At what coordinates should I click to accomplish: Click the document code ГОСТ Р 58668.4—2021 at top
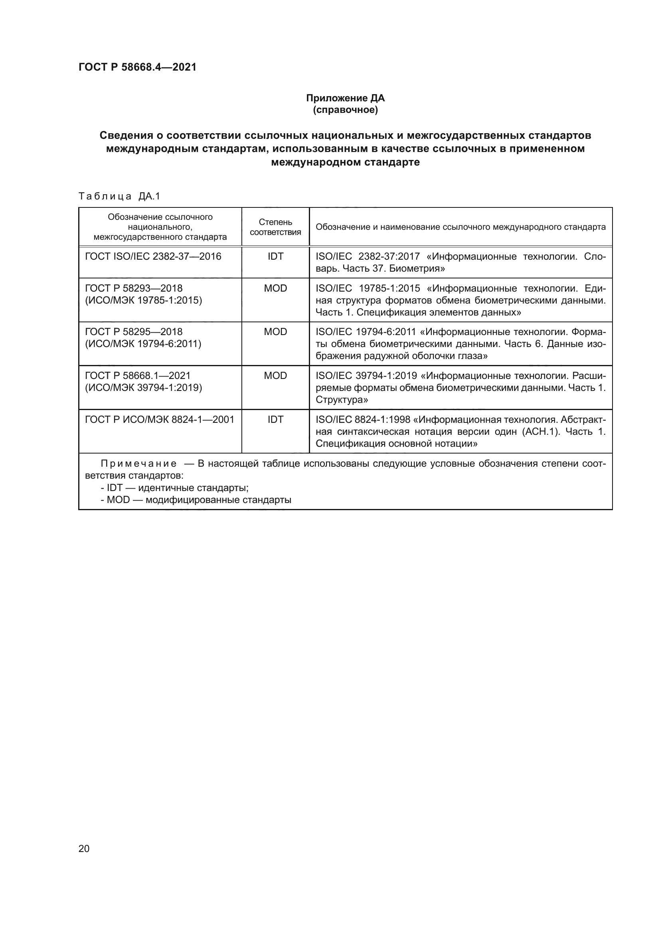point(137,67)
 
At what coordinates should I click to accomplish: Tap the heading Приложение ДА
point(345,99)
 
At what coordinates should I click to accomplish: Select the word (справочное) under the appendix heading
point(345,110)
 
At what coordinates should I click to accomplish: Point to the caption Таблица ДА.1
point(119,196)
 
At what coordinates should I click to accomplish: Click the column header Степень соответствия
point(275,227)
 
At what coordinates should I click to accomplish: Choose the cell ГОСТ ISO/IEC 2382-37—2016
point(153,256)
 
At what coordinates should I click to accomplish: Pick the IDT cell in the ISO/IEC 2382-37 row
point(275,256)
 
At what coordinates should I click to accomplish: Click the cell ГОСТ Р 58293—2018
point(134,288)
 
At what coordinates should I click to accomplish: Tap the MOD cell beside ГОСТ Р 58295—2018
point(275,332)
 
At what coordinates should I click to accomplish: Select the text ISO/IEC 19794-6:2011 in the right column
point(366,332)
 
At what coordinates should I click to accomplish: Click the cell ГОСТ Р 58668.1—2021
point(138,376)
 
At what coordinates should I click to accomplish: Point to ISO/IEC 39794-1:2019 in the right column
point(366,376)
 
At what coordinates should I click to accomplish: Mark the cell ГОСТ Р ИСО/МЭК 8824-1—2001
point(159,420)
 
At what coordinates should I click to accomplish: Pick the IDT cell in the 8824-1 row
point(275,420)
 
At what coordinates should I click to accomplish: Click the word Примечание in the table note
point(138,464)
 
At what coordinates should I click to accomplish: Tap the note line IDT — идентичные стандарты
point(175,488)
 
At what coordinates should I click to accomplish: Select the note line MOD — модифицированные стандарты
point(196,500)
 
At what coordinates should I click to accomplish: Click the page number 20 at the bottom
point(84,848)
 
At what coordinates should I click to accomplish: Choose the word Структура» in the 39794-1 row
point(342,400)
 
